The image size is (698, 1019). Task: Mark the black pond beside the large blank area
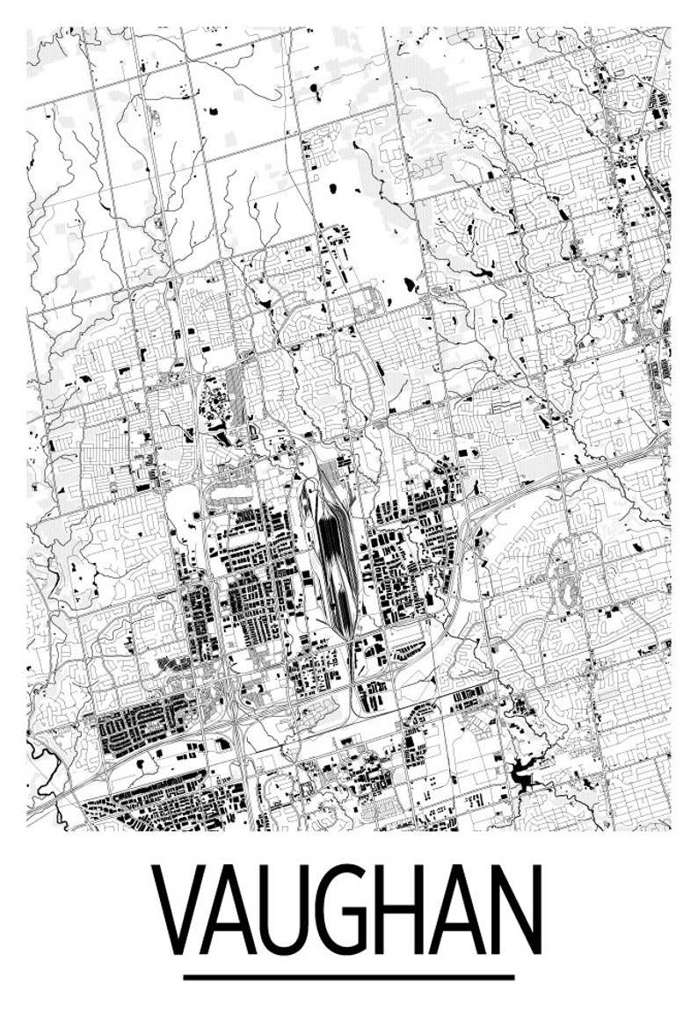pos(409,284)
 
